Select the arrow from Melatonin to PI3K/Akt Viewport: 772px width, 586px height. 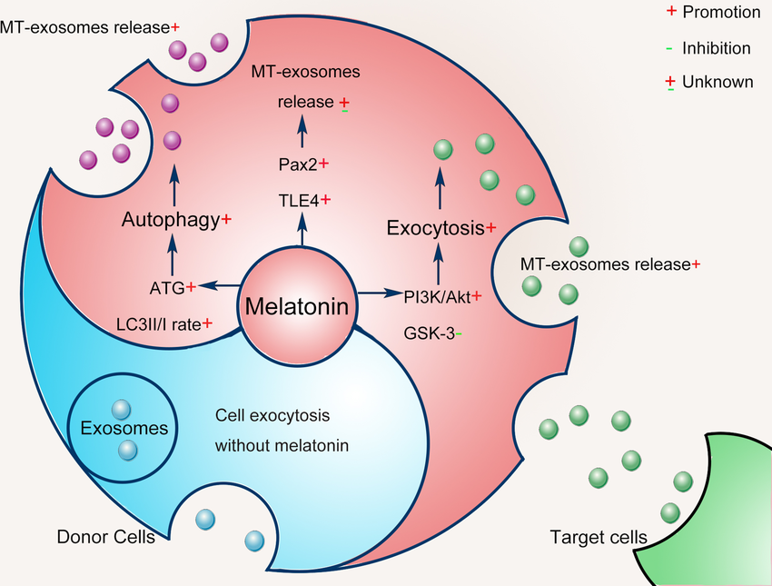pos(380,293)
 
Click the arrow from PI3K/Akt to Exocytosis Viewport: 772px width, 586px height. pos(440,265)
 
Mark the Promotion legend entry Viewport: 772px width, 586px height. pos(712,13)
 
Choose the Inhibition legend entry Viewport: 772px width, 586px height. pos(708,48)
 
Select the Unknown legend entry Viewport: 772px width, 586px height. pos(709,82)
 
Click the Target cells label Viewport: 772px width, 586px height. pos(599,537)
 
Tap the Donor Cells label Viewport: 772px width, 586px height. pos(105,536)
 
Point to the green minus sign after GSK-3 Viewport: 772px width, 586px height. pos(459,333)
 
